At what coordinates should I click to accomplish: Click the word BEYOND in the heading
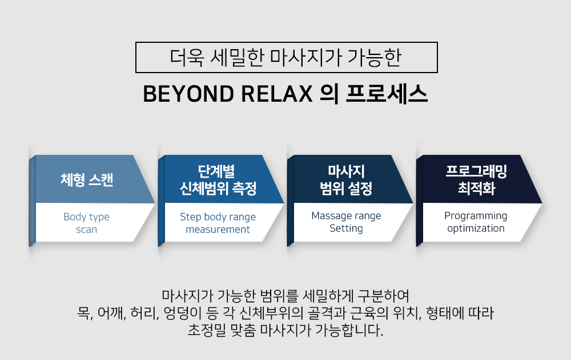coord(188,94)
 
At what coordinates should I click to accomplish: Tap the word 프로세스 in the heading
coord(387,94)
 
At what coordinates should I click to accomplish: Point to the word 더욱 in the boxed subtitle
coord(187,58)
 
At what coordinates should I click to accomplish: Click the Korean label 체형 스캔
coord(87,179)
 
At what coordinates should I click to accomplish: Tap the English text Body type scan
coord(87,223)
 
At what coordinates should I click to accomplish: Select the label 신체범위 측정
coord(218,189)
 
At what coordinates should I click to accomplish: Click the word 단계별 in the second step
coord(216,171)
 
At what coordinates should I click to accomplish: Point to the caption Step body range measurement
coord(218,223)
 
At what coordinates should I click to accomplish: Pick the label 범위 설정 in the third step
coord(346,189)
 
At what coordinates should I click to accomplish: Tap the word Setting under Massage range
coord(347,229)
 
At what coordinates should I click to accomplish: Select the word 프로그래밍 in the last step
coord(476,171)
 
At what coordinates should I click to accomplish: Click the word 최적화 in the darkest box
coord(477,189)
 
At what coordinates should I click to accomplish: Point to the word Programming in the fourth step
coord(476,216)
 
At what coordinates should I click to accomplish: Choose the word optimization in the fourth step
coord(476,229)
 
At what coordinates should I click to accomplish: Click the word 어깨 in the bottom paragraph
coord(112,313)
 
